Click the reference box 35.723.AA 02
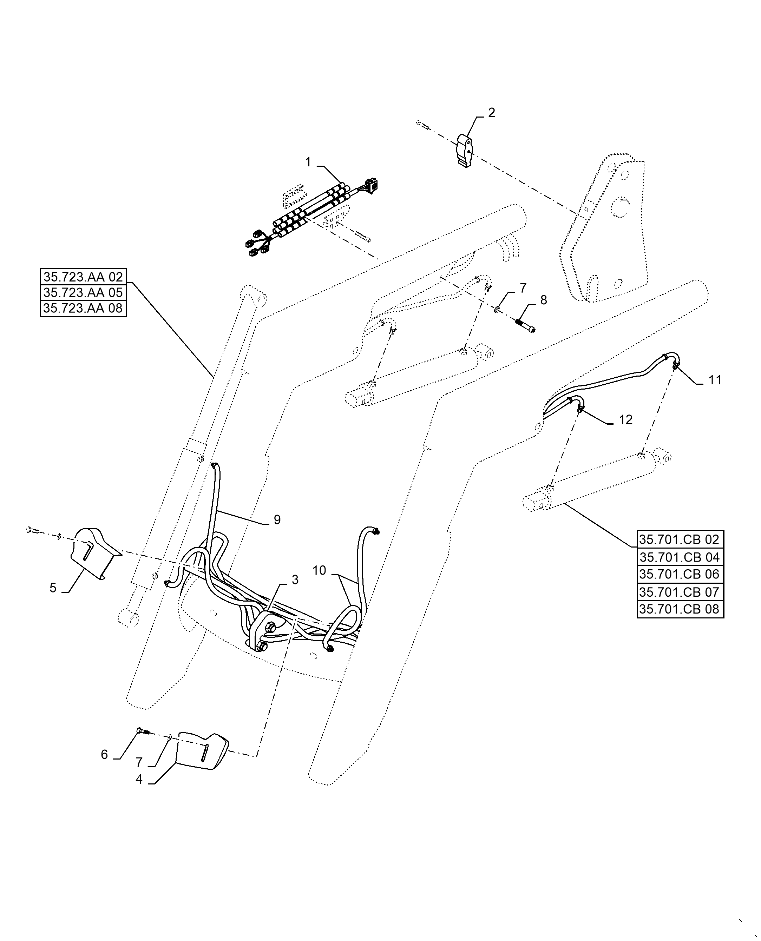[83, 277]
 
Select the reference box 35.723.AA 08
[83, 309]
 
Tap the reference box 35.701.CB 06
[680, 574]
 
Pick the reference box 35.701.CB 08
[680, 609]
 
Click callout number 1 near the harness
[308, 163]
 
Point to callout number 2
[491, 113]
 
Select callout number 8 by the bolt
[544, 300]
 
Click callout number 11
[715, 380]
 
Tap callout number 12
[625, 420]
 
